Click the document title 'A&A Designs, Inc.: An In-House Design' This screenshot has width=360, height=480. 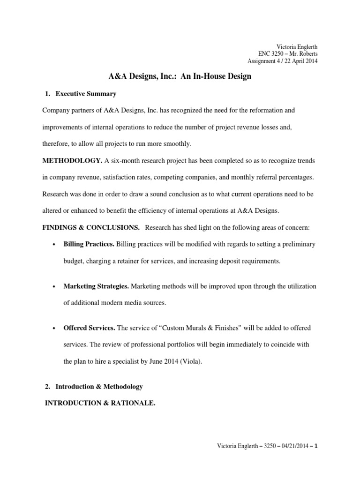(x=180, y=76)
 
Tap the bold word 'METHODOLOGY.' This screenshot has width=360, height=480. (x=72, y=161)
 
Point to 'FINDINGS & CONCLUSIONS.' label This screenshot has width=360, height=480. (x=91, y=227)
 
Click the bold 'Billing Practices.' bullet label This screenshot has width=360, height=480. (x=89, y=244)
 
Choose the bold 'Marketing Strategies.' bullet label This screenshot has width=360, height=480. (x=96, y=286)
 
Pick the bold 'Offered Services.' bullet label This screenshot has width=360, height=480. (x=89, y=328)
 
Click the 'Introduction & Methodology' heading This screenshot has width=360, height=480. (x=99, y=387)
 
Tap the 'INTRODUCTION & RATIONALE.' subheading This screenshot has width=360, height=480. (x=99, y=403)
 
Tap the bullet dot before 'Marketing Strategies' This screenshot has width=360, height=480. (x=54, y=286)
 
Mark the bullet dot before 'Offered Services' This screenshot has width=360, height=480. (x=54, y=328)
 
